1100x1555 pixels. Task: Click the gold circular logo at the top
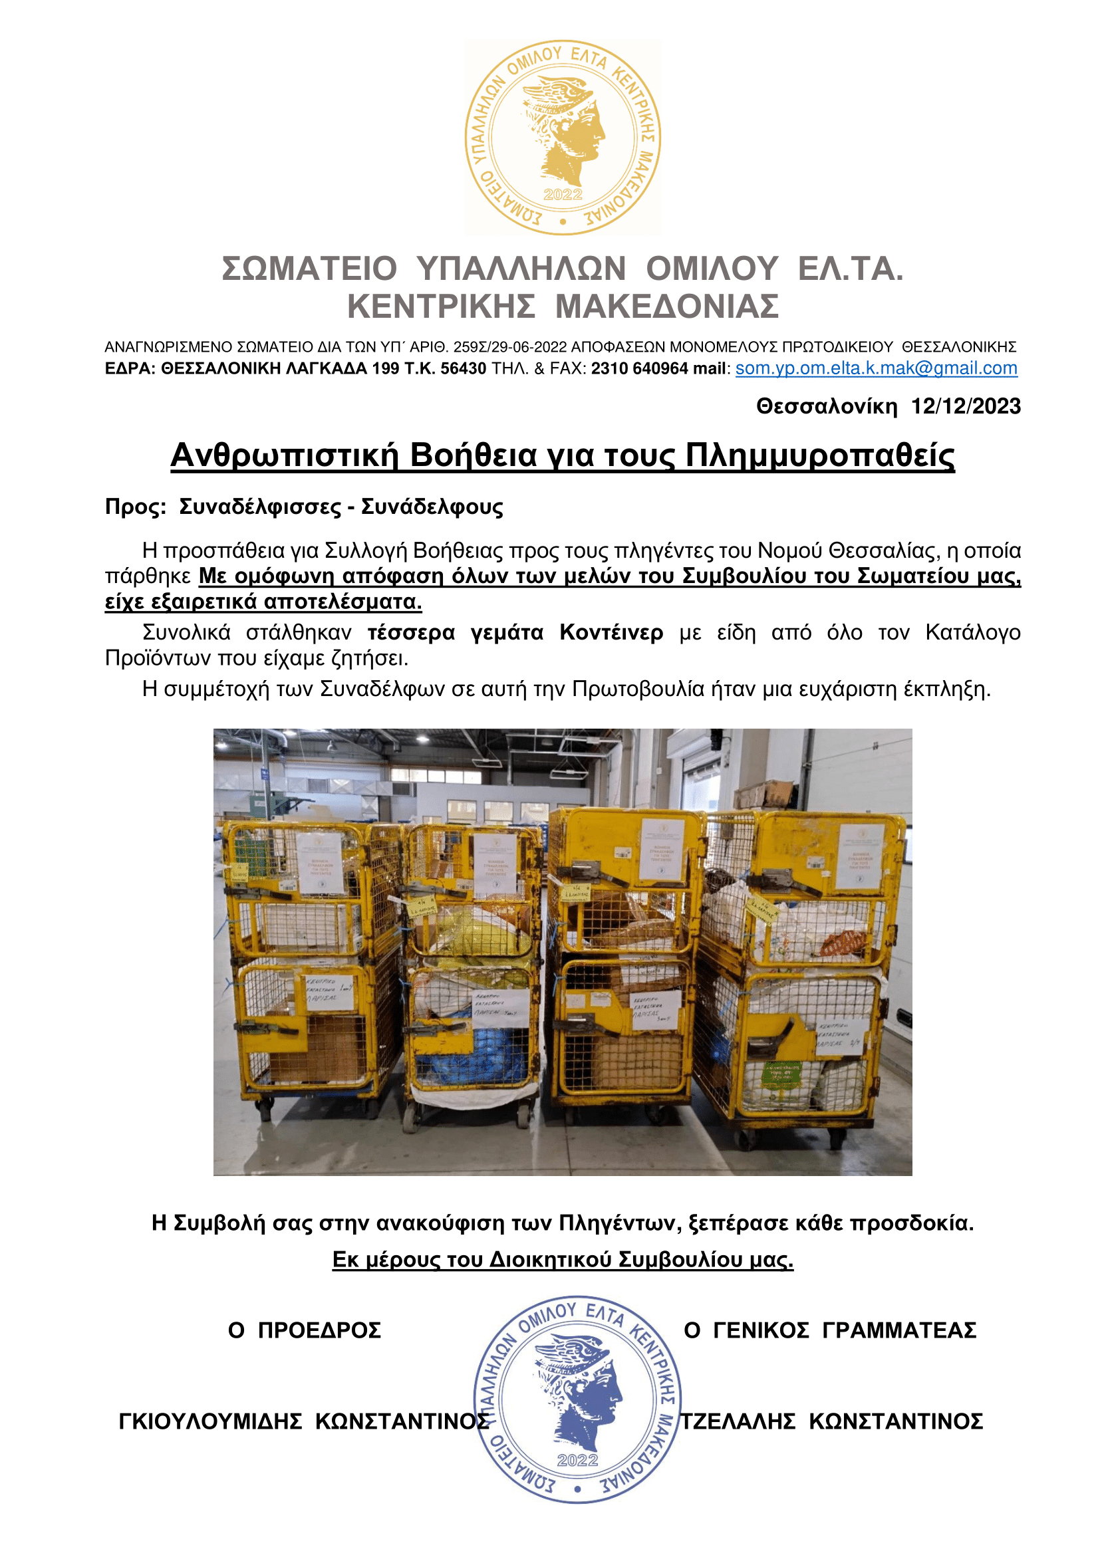[562, 138]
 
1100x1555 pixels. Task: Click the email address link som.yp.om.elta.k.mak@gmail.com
[876, 368]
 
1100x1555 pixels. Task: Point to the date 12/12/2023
[965, 406]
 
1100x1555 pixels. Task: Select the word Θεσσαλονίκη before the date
[827, 406]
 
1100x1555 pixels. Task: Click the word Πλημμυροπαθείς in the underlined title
[819, 455]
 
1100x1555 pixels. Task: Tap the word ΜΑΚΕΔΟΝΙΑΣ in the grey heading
[666, 306]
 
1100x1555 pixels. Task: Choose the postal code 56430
[464, 368]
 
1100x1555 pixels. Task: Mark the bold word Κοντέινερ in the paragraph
[611, 632]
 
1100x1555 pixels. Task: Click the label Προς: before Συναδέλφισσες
[136, 507]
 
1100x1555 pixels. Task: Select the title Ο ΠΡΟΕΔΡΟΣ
[304, 1330]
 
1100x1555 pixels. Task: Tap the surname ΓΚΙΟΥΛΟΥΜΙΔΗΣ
[210, 1421]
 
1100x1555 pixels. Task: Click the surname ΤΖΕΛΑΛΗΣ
[738, 1421]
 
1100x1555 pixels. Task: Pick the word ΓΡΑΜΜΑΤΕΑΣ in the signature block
[899, 1330]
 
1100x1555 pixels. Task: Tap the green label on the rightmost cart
[782, 1074]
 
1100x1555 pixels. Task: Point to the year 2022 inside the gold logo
[563, 195]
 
